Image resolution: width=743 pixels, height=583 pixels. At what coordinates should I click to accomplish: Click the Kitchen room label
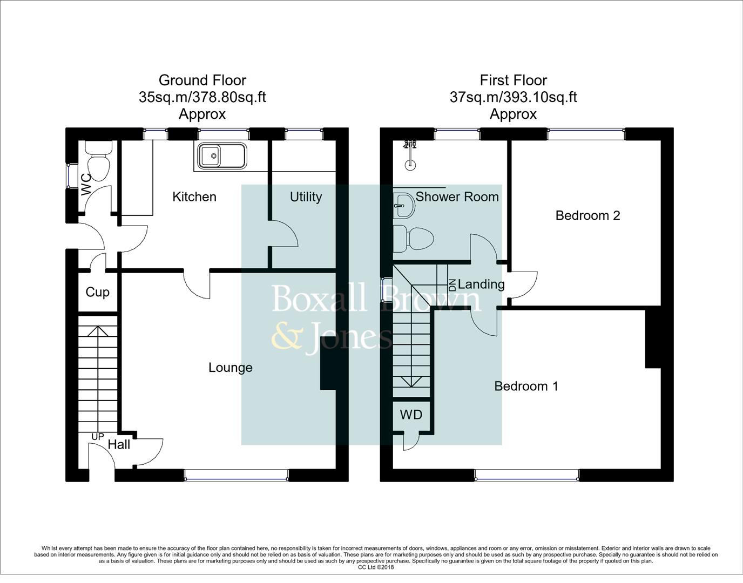pyautogui.click(x=194, y=197)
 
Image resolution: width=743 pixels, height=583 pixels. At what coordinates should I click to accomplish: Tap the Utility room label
pyautogui.click(x=306, y=197)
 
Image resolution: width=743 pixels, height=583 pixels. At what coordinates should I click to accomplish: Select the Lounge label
pyautogui.click(x=231, y=368)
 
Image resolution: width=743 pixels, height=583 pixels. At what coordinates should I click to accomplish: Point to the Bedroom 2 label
pyautogui.click(x=587, y=216)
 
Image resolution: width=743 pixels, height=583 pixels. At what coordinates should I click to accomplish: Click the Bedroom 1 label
pyautogui.click(x=526, y=386)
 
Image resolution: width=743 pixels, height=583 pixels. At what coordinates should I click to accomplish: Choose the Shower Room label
pyautogui.click(x=457, y=197)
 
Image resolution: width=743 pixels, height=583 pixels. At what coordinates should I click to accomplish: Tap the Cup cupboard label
pyautogui.click(x=98, y=292)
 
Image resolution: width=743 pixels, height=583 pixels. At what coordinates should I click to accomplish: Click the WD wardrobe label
pyautogui.click(x=411, y=415)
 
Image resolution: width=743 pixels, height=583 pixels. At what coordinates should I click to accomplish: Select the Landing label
pyautogui.click(x=481, y=284)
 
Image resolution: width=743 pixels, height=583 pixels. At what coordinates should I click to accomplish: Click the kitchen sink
pyautogui.click(x=222, y=157)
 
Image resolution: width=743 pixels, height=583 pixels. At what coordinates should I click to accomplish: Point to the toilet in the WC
pyautogui.click(x=98, y=162)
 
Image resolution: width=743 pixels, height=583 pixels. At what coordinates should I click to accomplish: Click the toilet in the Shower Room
pyautogui.click(x=414, y=238)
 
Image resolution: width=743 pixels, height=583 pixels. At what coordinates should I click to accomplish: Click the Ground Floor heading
pyautogui.click(x=202, y=80)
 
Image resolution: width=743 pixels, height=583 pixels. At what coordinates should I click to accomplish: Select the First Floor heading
pyautogui.click(x=513, y=80)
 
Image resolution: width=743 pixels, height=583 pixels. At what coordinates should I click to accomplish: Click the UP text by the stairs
pyautogui.click(x=98, y=436)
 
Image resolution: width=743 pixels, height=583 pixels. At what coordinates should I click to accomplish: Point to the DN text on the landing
pyautogui.click(x=452, y=284)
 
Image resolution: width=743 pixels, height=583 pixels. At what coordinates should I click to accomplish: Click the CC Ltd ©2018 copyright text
pyautogui.click(x=376, y=567)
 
